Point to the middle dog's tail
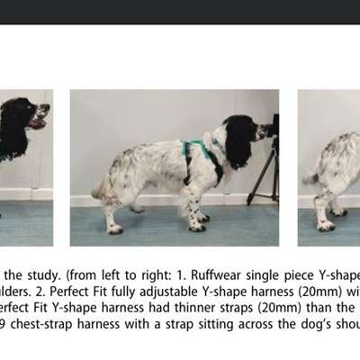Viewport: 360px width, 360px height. (x=98, y=188)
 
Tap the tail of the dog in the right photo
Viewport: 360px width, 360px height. (x=310, y=176)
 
